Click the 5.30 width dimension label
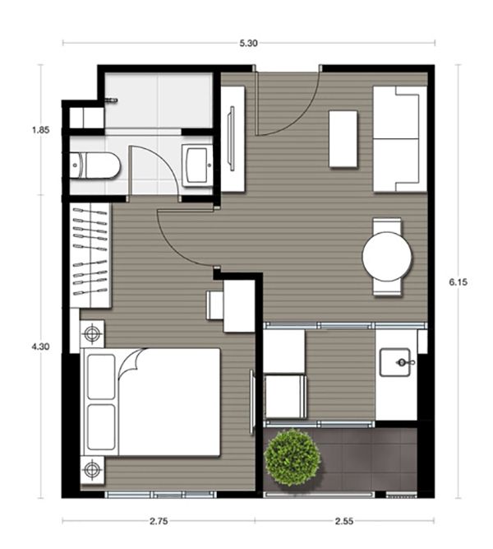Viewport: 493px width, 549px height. [x=249, y=44]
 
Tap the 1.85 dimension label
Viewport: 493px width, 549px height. [x=41, y=130]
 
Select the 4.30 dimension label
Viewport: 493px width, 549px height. [x=40, y=347]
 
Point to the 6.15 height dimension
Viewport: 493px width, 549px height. [x=458, y=281]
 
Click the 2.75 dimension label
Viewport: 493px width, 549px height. [x=159, y=521]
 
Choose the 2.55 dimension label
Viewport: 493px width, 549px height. [x=344, y=521]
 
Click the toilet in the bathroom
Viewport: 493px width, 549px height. [x=95, y=165]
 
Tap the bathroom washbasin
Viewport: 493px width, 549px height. [x=197, y=165]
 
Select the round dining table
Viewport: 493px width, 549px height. [x=387, y=256]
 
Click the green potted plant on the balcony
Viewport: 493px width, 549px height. [x=292, y=458]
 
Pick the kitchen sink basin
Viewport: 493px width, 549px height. [x=395, y=362]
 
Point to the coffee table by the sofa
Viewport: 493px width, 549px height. [x=343, y=139]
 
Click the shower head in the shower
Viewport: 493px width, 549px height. [x=113, y=100]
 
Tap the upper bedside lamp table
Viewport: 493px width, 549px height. [x=92, y=333]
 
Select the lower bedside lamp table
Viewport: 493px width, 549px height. [x=92, y=470]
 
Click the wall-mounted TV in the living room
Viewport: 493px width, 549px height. [x=231, y=138]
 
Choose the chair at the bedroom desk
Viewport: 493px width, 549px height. [x=214, y=305]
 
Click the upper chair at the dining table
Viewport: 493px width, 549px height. [x=387, y=226]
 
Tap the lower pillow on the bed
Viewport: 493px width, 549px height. [x=101, y=427]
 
